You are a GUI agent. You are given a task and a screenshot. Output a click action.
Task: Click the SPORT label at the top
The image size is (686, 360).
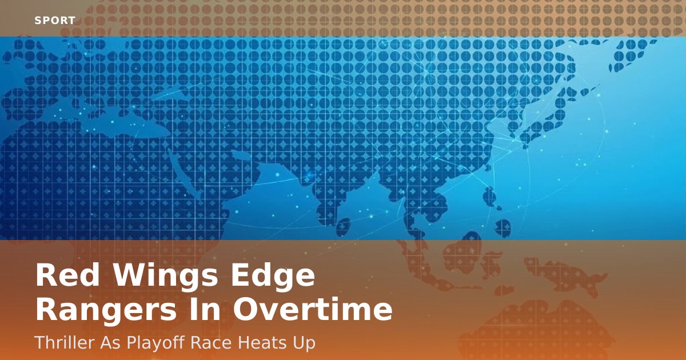click(x=55, y=21)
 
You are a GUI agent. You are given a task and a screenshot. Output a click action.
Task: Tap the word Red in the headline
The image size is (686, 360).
click(x=67, y=275)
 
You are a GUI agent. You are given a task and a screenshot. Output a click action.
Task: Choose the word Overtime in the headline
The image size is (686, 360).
click(x=313, y=309)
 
